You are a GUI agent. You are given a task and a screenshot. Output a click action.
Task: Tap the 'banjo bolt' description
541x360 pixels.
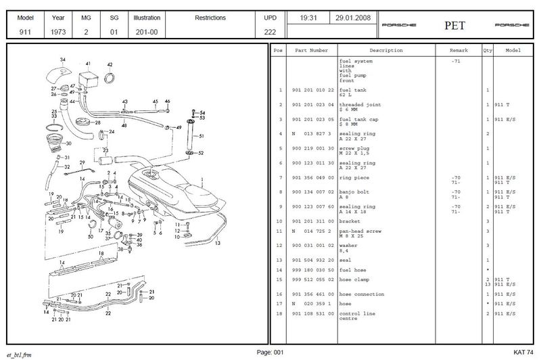(x=354, y=192)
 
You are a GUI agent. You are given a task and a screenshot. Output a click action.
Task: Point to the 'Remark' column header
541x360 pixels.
(x=458, y=51)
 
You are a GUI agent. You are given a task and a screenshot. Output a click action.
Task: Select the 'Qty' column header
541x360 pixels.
(x=486, y=51)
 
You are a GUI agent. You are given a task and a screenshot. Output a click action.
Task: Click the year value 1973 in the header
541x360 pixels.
(x=57, y=32)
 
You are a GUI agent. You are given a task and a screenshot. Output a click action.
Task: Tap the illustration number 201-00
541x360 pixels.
(x=146, y=32)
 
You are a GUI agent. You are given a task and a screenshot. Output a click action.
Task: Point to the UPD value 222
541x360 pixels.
(x=269, y=32)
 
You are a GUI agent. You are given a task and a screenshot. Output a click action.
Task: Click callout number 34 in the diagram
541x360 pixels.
(x=63, y=60)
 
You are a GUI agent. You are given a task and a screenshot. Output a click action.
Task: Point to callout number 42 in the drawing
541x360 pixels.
(x=110, y=65)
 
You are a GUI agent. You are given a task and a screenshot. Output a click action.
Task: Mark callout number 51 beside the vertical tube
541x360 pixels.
(x=201, y=136)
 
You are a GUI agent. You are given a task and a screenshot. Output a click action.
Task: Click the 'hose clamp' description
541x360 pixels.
(x=354, y=278)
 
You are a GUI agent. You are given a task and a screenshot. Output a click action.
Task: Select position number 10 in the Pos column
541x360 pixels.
(x=279, y=221)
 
